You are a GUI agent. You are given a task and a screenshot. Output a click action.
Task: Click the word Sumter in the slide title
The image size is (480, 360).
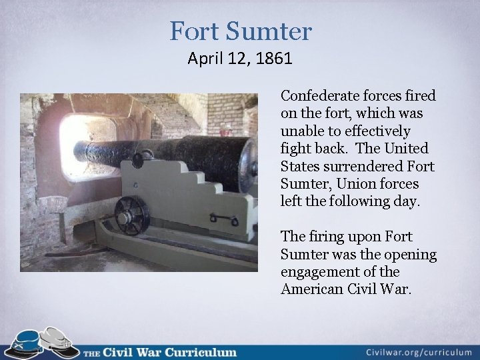(x=270, y=31)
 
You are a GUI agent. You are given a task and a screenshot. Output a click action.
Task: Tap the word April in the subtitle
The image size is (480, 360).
(x=205, y=59)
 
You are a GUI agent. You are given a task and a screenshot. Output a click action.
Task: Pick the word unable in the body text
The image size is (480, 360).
(x=301, y=131)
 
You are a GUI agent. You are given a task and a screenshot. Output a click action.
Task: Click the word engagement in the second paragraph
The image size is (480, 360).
(x=323, y=271)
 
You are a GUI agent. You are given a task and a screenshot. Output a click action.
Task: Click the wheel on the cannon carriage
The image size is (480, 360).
(x=132, y=215)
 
